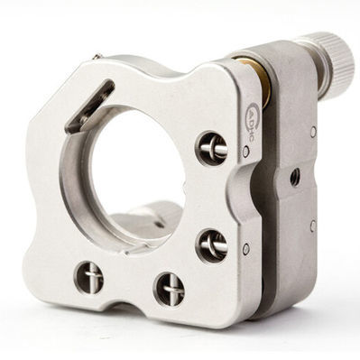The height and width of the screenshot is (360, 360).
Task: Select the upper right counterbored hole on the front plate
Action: pos(211,147)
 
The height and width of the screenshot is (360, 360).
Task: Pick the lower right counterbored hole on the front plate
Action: pos(211,244)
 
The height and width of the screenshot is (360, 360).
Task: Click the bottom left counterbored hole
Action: pos(88,277)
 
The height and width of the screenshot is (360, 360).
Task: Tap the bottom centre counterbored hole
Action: pos(170,289)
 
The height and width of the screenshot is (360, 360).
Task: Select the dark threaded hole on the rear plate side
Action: pos(295,177)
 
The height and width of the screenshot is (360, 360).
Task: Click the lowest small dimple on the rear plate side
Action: pos(312,226)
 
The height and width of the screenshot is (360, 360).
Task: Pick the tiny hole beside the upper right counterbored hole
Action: pos(245,152)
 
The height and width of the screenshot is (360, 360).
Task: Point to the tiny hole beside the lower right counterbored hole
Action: pos(245,248)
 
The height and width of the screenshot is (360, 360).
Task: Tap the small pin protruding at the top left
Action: pos(96,57)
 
